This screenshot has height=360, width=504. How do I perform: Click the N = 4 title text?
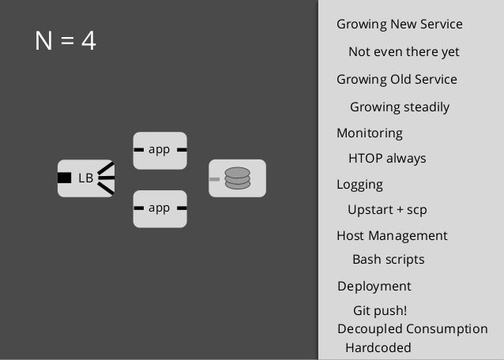(x=66, y=40)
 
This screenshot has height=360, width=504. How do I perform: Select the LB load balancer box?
(x=85, y=178)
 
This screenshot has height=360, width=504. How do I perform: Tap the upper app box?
(x=160, y=149)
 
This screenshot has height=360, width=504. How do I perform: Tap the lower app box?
(x=160, y=208)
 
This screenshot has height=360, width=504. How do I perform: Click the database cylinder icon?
(x=237, y=178)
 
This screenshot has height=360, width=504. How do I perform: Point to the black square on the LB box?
(x=65, y=178)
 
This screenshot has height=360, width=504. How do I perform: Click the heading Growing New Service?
(x=399, y=24)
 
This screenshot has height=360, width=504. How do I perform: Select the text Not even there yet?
(x=404, y=52)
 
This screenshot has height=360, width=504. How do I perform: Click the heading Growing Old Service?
(x=397, y=80)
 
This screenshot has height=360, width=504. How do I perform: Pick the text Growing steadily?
(x=400, y=107)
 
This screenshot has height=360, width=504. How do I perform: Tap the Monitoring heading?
(x=369, y=133)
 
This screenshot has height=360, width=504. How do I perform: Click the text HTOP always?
(x=387, y=159)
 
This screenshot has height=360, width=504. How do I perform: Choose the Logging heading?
(x=359, y=185)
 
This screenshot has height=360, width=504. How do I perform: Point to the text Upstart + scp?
(x=387, y=210)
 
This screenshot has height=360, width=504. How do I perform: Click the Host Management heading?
(x=392, y=236)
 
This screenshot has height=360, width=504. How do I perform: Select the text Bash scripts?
(x=388, y=260)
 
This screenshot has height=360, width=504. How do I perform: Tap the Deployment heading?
(x=374, y=287)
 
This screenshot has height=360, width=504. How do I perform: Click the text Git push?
(x=380, y=310)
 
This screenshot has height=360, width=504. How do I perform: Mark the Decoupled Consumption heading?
(x=412, y=329)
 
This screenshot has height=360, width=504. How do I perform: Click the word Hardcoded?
(x=378, y=347)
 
